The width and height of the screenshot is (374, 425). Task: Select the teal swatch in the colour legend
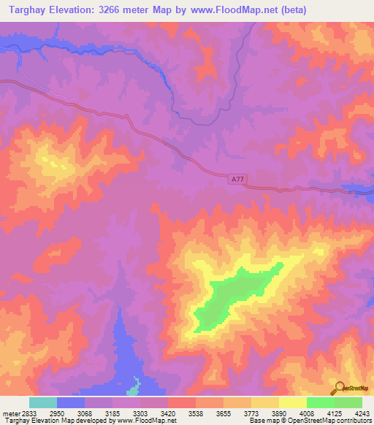(x=43, y=402)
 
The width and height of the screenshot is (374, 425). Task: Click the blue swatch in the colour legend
(x=71, y=402)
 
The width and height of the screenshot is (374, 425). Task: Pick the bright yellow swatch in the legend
(x=293, y=402)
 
